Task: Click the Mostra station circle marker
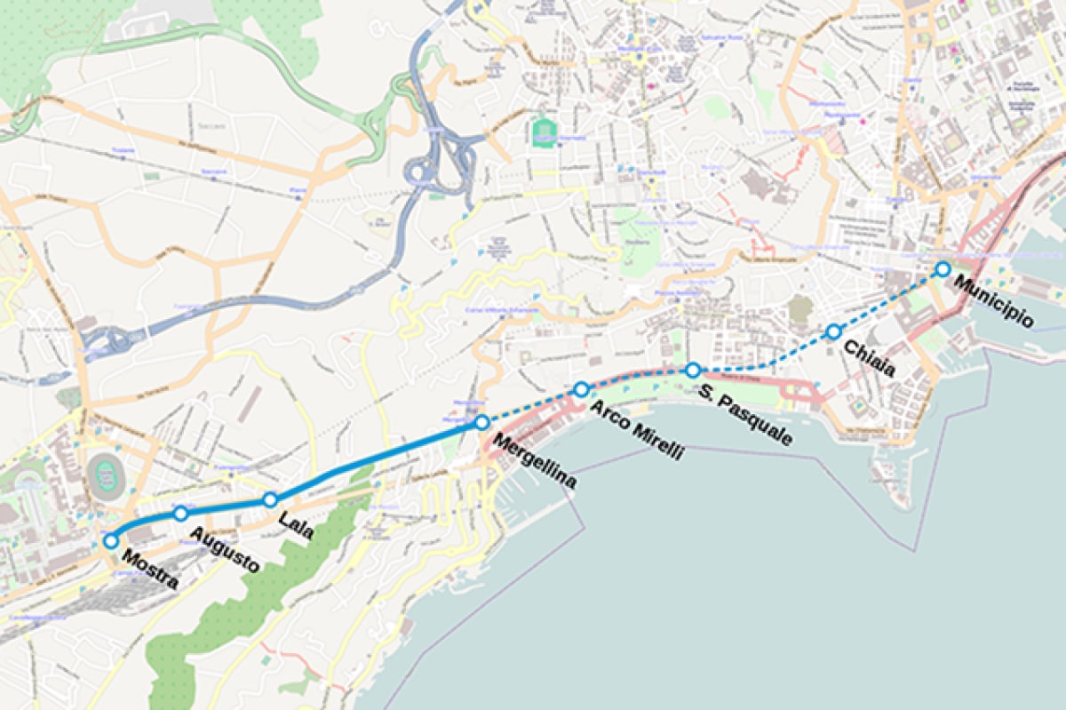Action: (x=111, y=540)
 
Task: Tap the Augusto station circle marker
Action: (x=180, y=513)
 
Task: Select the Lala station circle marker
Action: (x=270, y=499)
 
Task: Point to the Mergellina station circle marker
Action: (x=481, y=422)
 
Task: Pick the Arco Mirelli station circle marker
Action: (x=581, y=389)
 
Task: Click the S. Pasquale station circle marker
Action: (x=692, y=370)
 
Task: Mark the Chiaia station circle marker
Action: (x=833, y=331)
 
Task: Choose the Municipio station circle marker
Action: (x=943, y=268)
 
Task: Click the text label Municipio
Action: (x=993, y=302)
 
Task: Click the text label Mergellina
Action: (x=534, y=461)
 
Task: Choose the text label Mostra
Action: (x=149, y=570)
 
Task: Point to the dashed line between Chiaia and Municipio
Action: (x=888, y=300)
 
